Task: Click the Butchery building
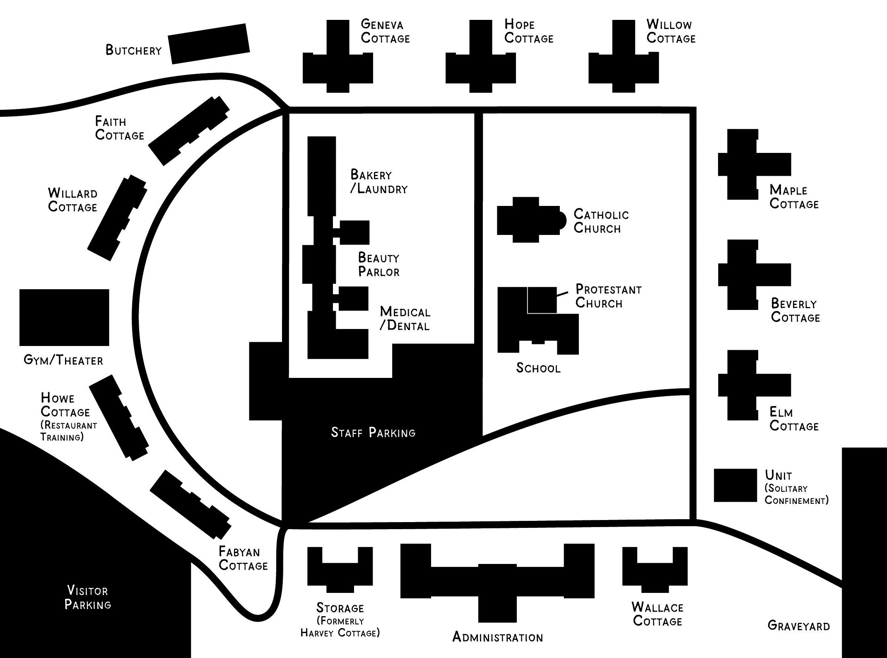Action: point(209,44)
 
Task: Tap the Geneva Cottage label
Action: point(385,31)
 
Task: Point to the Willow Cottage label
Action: point(671,31)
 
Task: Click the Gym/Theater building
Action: point(64,317)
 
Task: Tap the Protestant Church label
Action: point(608,296)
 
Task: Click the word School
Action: point(538,368)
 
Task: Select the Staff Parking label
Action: point(373,433)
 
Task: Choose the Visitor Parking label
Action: point(88,598)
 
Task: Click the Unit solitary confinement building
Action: point(735,485)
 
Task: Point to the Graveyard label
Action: point(798,626)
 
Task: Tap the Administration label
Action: point(497,637)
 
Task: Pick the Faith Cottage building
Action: point(189,131)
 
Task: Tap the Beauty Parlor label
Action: point(378,265)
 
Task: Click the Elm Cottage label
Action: point(794,419)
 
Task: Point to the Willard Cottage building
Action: point(117,218)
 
